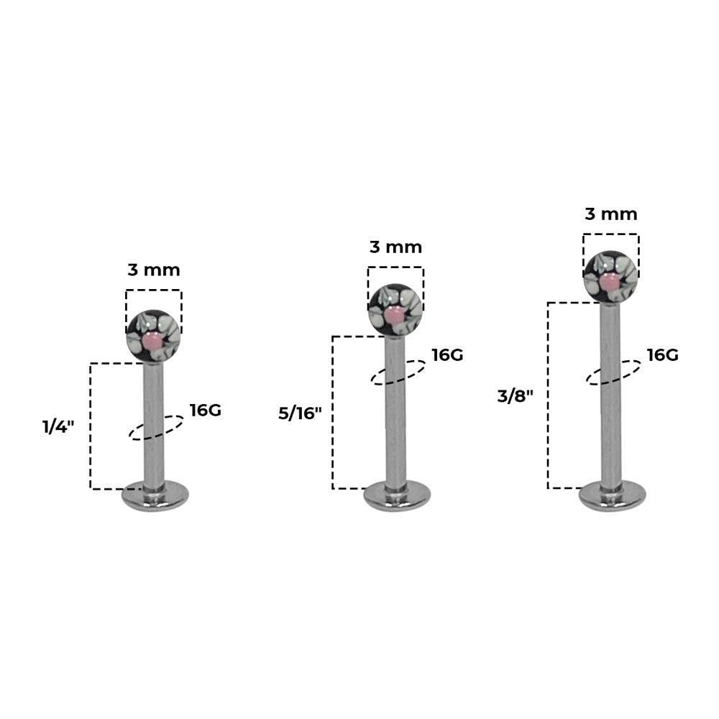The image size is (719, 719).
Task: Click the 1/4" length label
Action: (x=58, y=427)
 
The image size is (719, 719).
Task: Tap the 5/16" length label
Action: (x=300, y=413)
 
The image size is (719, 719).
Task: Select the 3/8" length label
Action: (x=516, y=395)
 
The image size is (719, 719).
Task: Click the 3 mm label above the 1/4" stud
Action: (x=154, y=270)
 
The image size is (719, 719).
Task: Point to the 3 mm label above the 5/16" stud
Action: (x=395, y=247)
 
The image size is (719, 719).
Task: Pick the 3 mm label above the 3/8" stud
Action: (x=610, y=214)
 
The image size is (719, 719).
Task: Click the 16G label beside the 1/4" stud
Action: (x=206, y=411)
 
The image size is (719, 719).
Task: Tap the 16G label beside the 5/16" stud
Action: (x=447, y=355)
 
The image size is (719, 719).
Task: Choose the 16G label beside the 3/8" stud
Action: (x=663, y=355)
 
